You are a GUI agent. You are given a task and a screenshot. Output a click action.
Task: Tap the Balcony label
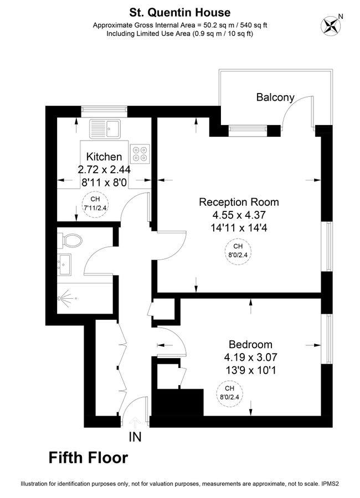point(275,97)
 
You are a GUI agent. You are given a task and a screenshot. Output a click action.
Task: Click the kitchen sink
point(105,129)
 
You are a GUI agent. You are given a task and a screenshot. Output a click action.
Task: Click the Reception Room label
point(239,202)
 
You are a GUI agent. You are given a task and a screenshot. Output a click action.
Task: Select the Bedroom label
point(250,344)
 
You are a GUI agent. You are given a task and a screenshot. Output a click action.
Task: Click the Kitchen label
point(104,157)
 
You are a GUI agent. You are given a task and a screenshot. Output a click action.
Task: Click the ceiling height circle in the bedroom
point(229,392)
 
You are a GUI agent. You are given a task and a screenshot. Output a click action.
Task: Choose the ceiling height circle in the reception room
point(238,251)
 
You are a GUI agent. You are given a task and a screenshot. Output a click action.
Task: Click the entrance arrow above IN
point(135,422)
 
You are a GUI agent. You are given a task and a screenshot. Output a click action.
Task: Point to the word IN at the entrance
point(135,437)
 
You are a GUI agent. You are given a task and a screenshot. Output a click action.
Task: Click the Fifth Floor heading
point(89,458)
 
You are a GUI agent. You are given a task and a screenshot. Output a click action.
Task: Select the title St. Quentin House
point(179,12)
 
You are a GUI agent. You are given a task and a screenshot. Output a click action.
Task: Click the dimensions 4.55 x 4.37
point(239,215)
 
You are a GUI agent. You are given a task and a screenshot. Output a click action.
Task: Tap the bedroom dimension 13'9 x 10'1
point(250,370)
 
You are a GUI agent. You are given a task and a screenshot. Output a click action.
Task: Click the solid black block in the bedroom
point(179,402)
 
